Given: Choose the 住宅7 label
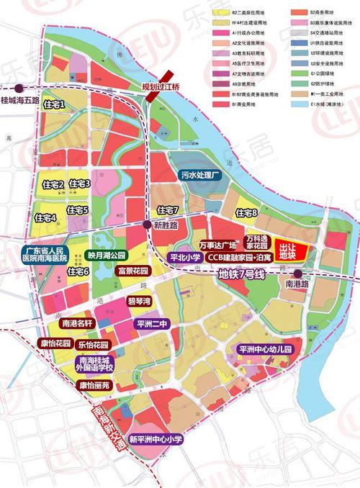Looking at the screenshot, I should click(x=167, y=210).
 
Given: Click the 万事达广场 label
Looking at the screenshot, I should click(x=218, y=245).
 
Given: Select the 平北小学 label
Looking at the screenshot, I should click(x=184, y=256).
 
